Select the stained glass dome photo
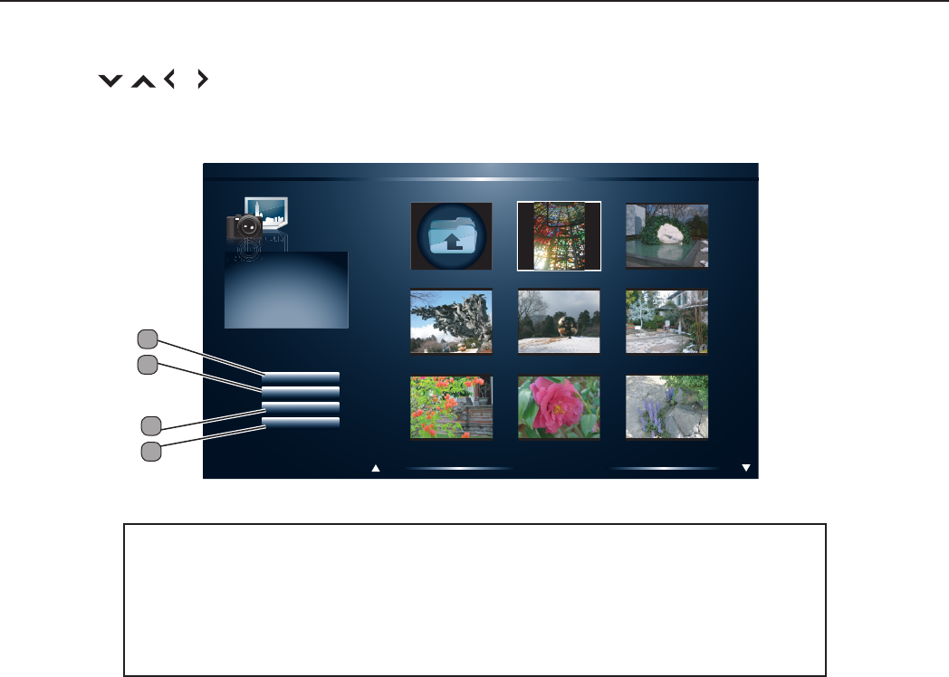coord(559,236)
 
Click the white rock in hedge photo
coord(667,236)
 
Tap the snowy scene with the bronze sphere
coord(559,321)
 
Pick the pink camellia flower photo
coord(559,407)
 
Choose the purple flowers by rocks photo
coord(667,407)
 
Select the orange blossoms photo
coord(451,407)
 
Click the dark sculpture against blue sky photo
coord(451,321)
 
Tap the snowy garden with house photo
coord(667,321)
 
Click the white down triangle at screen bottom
coord(746,468)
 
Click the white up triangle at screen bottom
coord(375,469)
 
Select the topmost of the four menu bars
coord(301,376)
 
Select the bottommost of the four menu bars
coord(301,423)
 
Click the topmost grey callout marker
coord(148,339)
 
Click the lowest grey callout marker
coord(152,450)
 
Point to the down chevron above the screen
coord(110,81)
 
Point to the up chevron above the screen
coord(142,81)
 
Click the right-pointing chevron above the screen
coord(202,81)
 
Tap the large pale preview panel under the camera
coord(285,290)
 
